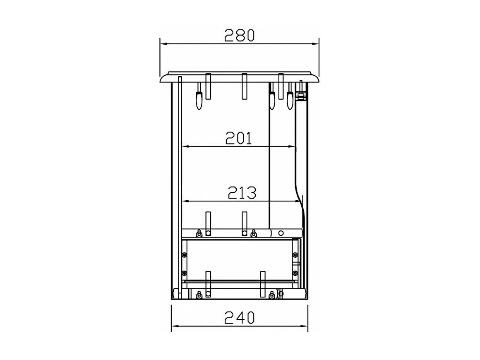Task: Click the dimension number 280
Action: pyautogui.click(x=239, y=36)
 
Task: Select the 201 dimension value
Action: pyautogui.click(x=239, y=138)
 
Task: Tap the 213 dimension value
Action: pyautogui.click(x=242, y=192)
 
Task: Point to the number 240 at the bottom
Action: pyautogui.click(x=239, y=318)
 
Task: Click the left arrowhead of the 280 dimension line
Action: pyautogui.click(x=163, y=43)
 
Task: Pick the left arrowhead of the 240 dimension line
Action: pyautogui.click(x=174, y=326)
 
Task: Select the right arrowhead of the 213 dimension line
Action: pyautogui.click(x=298, y=201)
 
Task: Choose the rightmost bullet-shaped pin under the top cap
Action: pyautogui.click(x=290, y=100)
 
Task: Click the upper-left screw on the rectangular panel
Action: pyautogui.click(x=184, y=254)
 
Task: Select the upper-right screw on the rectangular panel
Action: pyautogui.click(x=295, y=254)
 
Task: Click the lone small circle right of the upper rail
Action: pyautogui.click(x=281, y=233)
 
